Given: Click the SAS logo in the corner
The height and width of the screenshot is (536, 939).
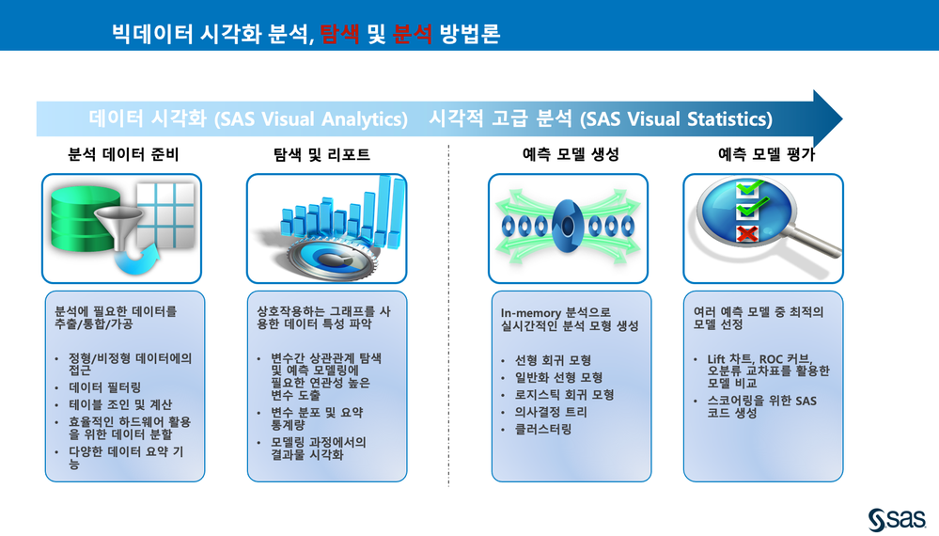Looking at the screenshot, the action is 897,519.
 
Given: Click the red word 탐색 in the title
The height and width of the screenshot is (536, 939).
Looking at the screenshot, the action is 339,33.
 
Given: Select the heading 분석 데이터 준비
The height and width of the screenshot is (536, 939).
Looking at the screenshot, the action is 123,154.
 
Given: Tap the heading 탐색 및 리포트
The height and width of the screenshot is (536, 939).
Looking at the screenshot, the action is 321,154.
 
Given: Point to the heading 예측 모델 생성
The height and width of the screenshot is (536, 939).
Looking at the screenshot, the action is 571,154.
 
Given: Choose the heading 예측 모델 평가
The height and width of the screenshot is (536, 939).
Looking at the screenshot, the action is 767,154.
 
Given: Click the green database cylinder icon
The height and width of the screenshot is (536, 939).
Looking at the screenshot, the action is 84,218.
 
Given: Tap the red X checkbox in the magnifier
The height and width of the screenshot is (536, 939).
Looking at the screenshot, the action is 746,233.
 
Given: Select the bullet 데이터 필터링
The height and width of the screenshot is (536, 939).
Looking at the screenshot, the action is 104,387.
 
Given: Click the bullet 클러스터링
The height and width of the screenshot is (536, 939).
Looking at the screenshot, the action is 543,430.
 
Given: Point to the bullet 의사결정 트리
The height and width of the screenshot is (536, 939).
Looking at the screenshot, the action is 551,412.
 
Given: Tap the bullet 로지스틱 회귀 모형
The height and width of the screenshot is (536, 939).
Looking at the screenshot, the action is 565,395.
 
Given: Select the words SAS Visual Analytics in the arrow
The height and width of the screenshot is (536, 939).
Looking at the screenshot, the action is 311,119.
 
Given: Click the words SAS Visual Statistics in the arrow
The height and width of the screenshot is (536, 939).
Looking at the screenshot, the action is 676,119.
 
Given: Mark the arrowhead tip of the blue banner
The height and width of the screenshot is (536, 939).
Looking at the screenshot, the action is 842,118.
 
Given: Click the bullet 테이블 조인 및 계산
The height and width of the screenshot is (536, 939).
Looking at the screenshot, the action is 120,405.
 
